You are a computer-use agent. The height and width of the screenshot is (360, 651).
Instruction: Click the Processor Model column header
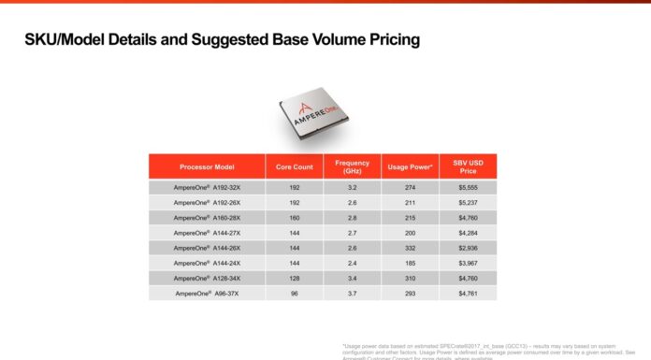[206, 166]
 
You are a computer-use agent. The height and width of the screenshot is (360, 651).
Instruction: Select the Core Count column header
[293, 166]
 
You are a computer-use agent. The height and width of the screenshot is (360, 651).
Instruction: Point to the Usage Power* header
[409, 166]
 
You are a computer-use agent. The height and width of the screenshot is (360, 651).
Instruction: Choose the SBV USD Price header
[468, 166]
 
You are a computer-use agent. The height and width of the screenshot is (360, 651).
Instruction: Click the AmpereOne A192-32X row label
[206, 188]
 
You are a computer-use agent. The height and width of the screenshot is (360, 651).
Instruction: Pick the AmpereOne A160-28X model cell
[206, 217]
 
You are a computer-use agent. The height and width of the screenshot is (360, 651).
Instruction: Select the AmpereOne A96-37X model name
[206, 293]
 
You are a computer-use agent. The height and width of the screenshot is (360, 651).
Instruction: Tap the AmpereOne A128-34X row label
[206, 278]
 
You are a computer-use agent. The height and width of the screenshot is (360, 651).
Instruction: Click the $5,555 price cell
[468, 188]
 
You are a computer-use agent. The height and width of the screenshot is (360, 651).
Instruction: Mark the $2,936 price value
[468, 248]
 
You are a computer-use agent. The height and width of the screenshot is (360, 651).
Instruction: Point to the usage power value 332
[409, 248]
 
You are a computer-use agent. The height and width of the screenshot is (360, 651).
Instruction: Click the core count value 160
[293, 217]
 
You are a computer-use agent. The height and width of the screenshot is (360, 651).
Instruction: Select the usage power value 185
[409, 263]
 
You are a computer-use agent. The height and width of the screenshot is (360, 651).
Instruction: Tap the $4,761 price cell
[468, 293]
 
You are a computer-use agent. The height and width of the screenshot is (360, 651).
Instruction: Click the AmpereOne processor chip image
[319, 117]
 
